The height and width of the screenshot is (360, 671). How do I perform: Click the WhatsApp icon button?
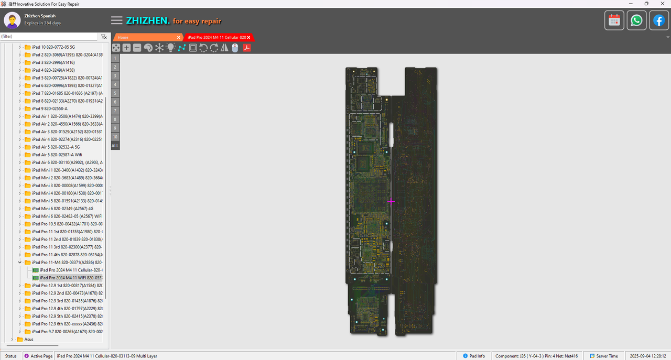[x=636, y=20]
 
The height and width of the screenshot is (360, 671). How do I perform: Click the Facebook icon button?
[x=658, y=20]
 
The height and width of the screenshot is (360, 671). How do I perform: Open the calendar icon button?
[x=614, y=20]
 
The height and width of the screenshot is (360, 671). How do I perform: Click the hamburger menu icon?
[x=117, y=20]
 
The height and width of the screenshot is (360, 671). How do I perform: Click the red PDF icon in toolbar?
[x=246, y=48]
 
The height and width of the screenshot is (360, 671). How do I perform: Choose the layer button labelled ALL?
[x=115, y=146]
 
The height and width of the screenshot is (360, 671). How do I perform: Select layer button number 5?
[x=115, y=93]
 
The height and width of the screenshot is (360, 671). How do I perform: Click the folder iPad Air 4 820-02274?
[x=67, y=139]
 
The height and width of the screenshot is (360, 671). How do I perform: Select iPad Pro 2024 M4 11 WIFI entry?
[x=71, y=278]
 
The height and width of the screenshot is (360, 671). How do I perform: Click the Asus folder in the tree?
[x=28, y=339]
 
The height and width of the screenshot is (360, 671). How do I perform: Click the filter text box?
[x=48, y=37]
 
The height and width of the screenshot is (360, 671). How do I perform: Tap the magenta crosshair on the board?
[x=391, y=201]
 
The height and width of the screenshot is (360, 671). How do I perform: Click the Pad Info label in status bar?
[x=477, y=356]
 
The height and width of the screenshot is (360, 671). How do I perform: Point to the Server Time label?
[x=607, y=356]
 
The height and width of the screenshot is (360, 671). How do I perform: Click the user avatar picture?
[x=12, y=20]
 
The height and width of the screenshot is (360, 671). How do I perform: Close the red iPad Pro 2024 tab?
[x=249, y=37]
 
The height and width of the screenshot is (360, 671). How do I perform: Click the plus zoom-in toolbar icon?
[x=126, y=48]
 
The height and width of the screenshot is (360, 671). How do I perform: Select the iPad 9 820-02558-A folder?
[x=49, y=108]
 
